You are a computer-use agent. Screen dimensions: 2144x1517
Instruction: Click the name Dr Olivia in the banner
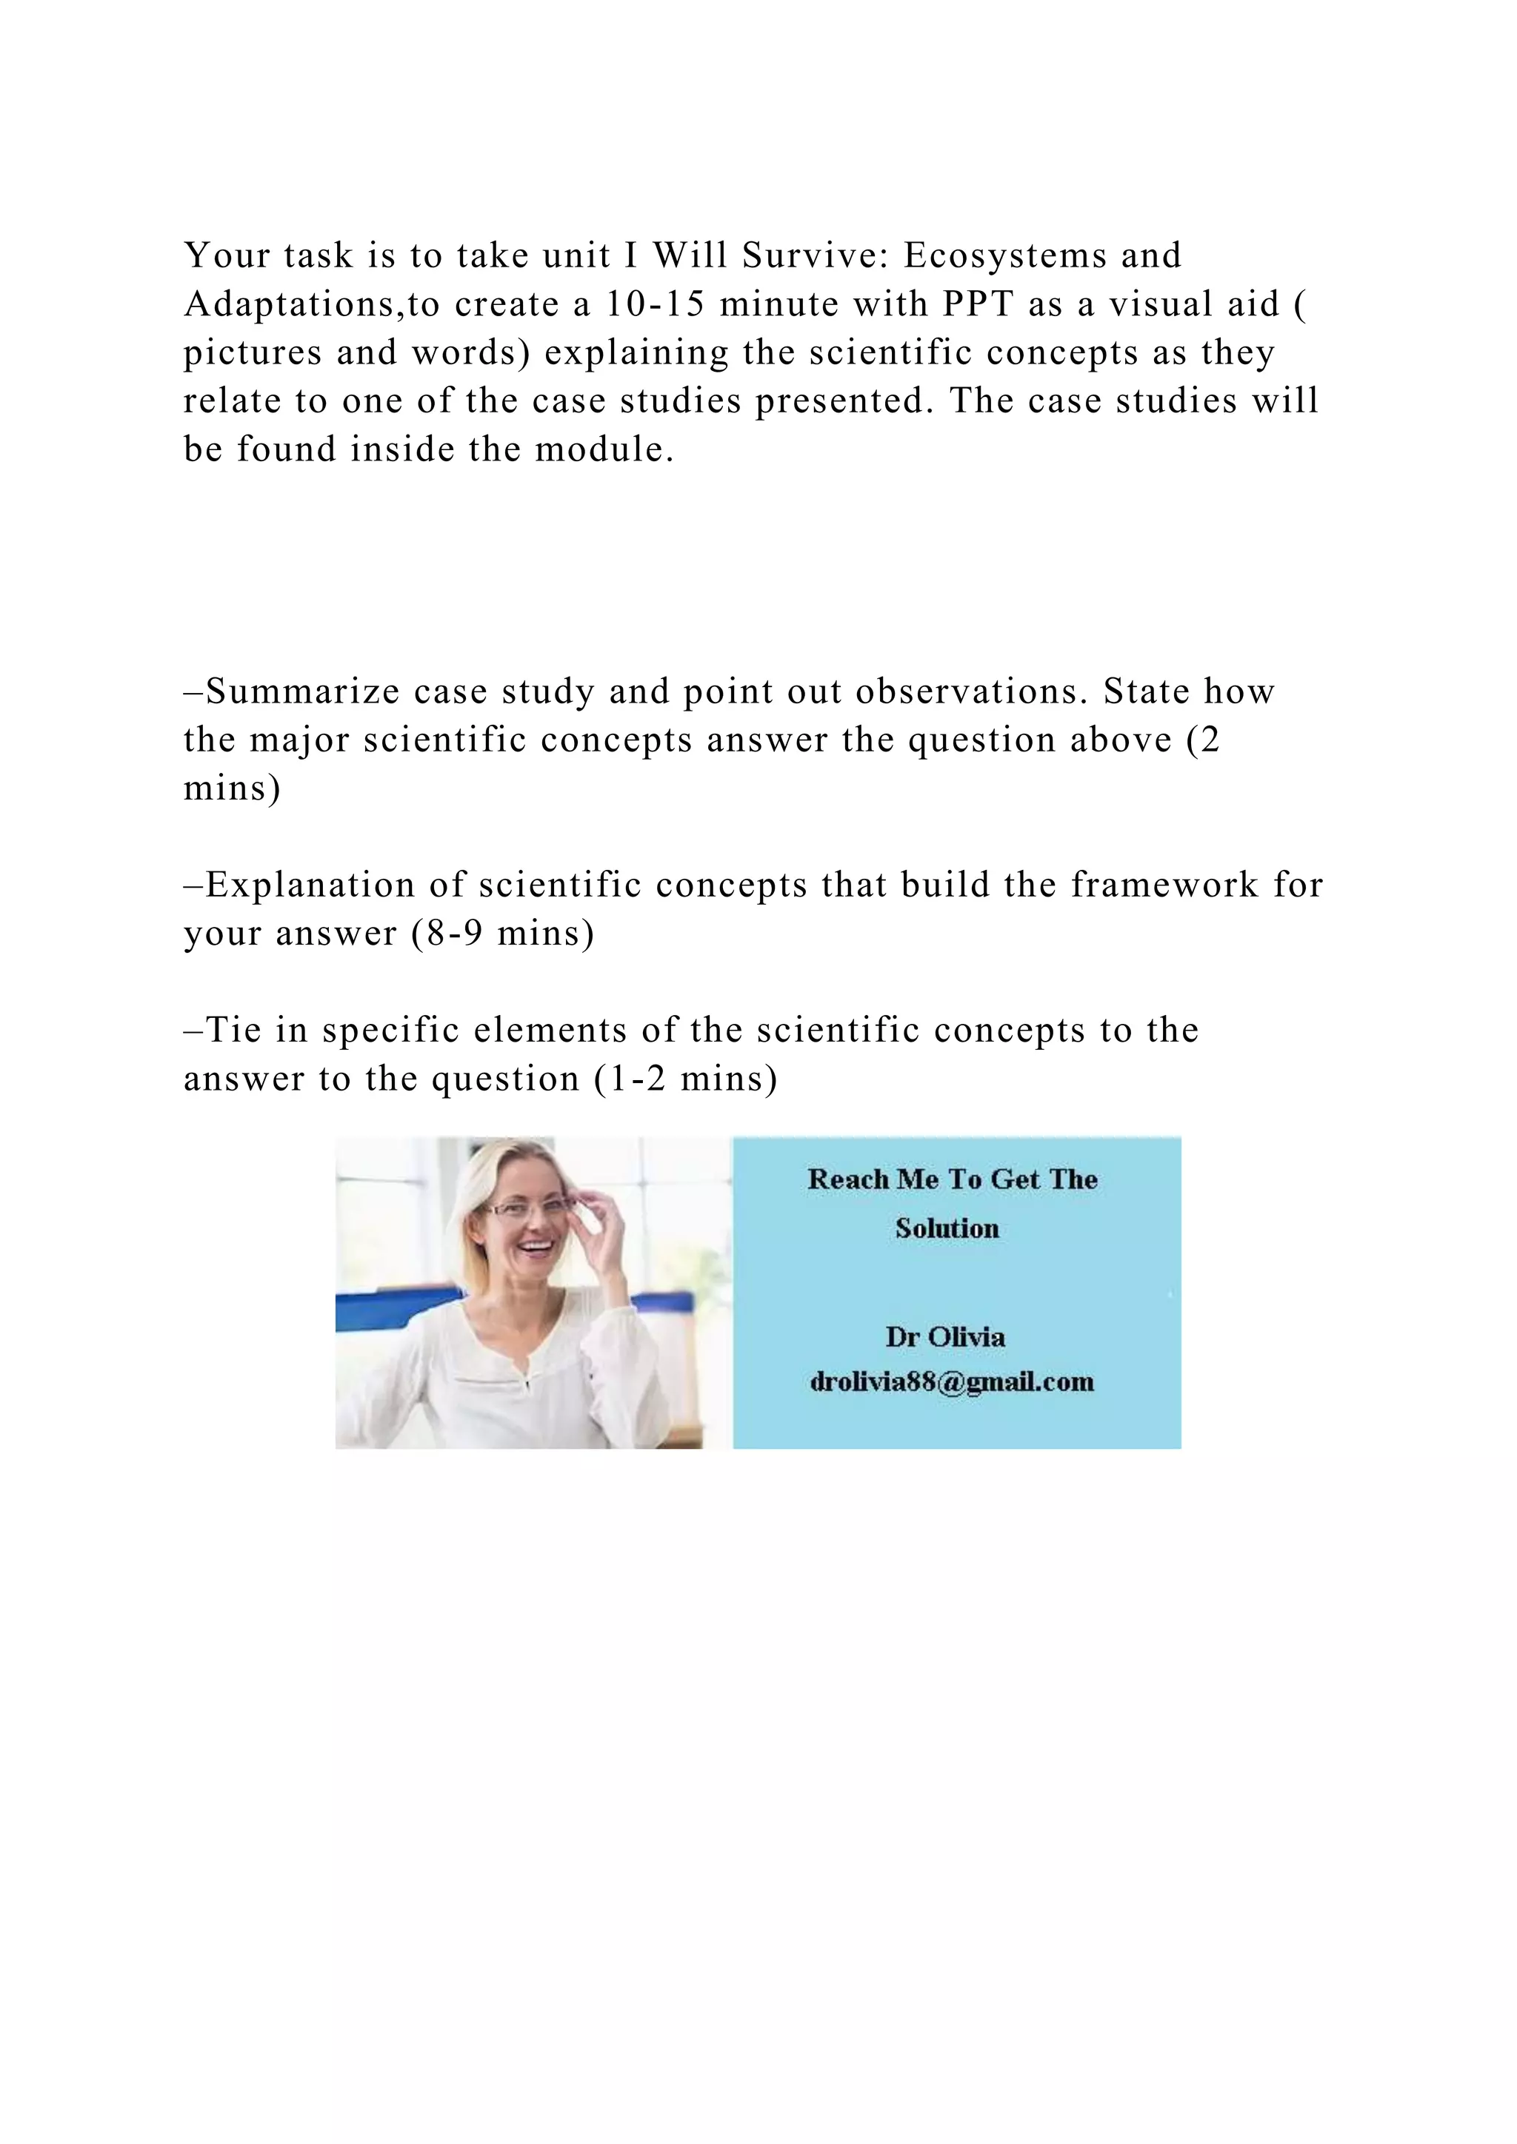point(945,1336)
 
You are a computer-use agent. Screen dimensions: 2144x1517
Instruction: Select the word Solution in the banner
point(946,1228)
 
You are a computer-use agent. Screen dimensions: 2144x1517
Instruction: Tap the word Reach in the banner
point(847,1179)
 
